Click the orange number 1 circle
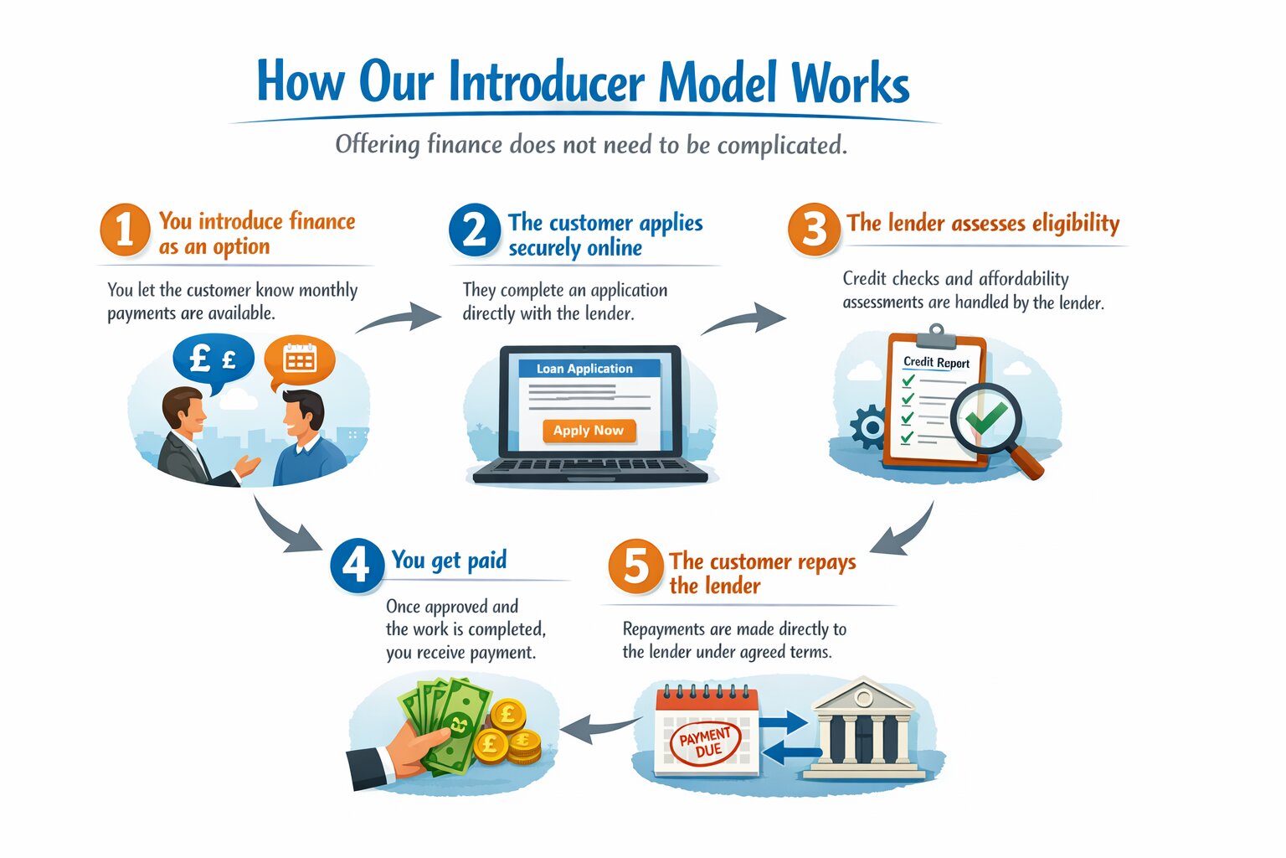point(125,230)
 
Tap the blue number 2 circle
point(474,230)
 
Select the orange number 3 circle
point(814,229)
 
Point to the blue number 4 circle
point(357,566)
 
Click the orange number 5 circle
point(635,566)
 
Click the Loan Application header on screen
point(584,369)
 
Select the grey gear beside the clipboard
point(869,427)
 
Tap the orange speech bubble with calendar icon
point(300,360)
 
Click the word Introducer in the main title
point(547,83)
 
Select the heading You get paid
point(449,560)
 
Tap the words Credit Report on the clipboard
point(936,363)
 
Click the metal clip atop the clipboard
point(936,337)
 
